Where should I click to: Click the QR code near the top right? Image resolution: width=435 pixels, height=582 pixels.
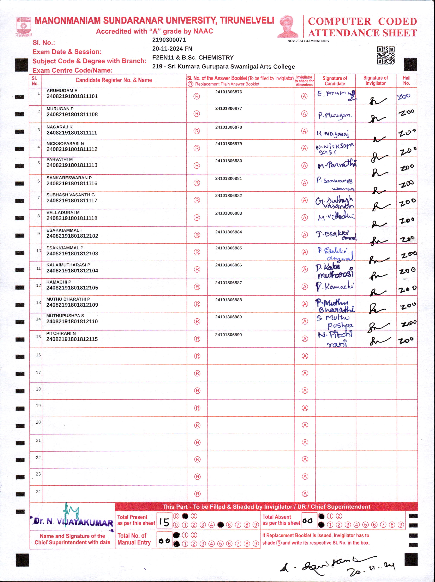pos(385,55)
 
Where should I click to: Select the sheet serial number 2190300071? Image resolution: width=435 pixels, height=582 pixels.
pos(169,40)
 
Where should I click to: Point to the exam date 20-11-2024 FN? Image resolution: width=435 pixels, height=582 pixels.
pos(172,49)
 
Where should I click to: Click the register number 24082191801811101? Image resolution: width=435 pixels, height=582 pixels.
pos(72,96)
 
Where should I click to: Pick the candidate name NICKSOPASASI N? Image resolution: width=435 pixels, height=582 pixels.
pos(65,143)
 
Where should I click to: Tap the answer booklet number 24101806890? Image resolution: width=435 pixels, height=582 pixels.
pos(228,335)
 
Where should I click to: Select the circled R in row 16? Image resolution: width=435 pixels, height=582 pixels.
pos(197,356)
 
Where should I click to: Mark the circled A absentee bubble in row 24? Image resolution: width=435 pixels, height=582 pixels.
pos(305,494)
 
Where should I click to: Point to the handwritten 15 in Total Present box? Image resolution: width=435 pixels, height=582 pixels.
pos(164,522)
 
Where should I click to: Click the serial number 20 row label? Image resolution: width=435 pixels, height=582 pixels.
pos(38,422)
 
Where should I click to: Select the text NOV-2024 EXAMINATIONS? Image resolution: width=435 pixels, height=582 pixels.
pos(308,41)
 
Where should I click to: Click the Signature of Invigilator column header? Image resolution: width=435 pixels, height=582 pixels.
pos(375,80)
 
